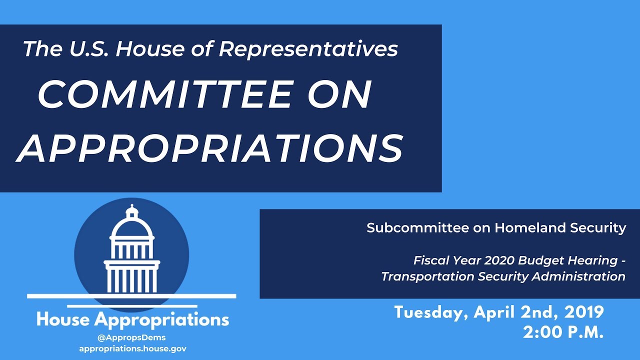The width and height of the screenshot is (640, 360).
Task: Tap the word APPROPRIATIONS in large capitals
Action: click(x=210, y=148)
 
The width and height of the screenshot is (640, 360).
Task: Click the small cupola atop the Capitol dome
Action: click(x=132, y=210)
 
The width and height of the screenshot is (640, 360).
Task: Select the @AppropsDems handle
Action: click(x=132, y=337)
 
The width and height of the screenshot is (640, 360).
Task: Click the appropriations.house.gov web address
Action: click(x=132, y=348)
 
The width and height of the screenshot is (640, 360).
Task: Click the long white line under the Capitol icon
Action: click(x=131, y=296)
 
